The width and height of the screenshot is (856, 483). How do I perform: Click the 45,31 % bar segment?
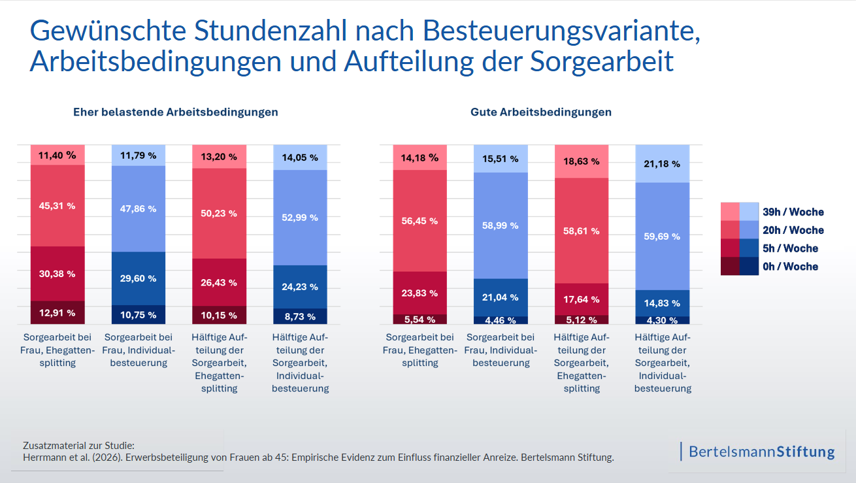[x=58, y=205]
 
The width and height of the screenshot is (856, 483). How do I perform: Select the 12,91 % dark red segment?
[x=58, y=312]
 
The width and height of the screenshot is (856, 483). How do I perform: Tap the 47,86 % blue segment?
[x=138, y=208]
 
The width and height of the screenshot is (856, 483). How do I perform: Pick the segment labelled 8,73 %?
[x=299, y=316]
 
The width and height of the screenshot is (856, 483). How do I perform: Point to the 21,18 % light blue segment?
[x=662, y=163]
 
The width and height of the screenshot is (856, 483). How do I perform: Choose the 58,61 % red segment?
[x=581, y=230]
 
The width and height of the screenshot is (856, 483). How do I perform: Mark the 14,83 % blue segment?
[x=662, y=303]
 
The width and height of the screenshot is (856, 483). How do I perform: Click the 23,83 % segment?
[x=420, y=293]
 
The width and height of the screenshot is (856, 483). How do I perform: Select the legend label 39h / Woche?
[x=793, y=212]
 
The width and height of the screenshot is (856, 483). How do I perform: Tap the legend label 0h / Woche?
[x=790, y=266]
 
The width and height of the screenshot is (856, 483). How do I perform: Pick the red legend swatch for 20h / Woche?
[x=730, y=230]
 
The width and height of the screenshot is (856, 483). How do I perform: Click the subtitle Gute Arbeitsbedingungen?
[x=541, y=112]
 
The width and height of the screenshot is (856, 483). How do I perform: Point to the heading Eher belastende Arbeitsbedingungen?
[x=176, y=112]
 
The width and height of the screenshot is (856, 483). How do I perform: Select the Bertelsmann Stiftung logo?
[x=761, y=451]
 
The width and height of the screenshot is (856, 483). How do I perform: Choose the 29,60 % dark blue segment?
[x=138, y=278]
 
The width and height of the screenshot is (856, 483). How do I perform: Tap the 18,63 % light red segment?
[x=581, y=161]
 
